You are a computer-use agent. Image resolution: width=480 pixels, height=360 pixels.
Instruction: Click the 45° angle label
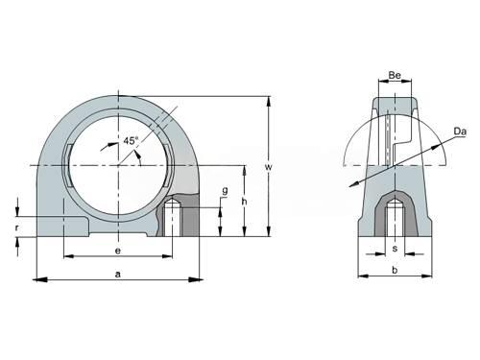(x=131, y=140)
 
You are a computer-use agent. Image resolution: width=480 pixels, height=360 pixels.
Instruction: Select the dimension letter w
(x=269, y=167)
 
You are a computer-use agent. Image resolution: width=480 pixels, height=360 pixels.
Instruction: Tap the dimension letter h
(x=244, y=202)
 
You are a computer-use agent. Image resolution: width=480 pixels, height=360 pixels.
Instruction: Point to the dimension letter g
(x=226, y=191)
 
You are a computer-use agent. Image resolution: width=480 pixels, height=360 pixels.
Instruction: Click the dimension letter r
(x=17, y=228)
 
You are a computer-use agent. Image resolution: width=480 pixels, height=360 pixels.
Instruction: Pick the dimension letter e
(x=118, y=251)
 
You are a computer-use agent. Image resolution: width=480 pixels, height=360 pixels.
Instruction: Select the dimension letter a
(x=118, y=275)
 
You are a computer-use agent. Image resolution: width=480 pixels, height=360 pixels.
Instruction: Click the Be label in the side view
(x=395, y=75)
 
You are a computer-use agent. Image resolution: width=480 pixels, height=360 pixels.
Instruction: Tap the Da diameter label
(x=460, y=132)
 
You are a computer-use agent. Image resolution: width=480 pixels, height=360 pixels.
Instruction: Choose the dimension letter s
(x=395, y=249)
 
